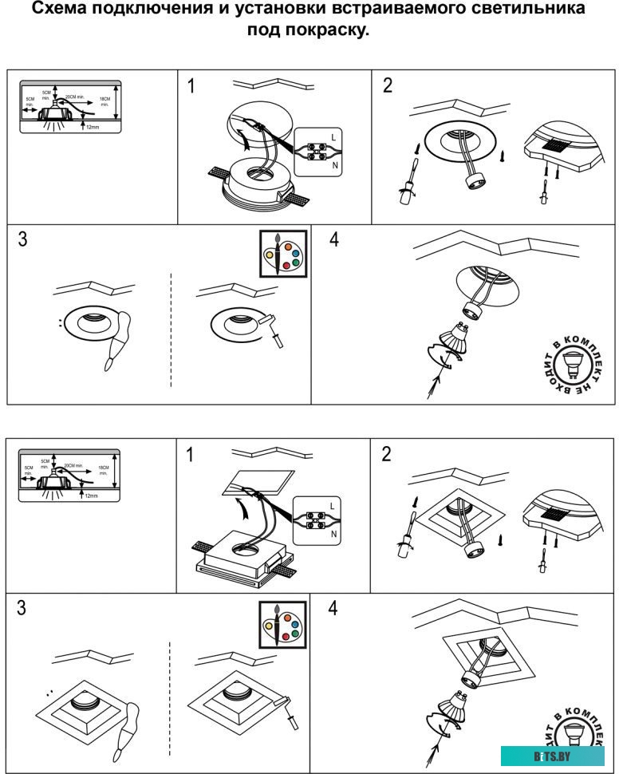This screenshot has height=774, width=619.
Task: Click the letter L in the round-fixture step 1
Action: tap(333, 137)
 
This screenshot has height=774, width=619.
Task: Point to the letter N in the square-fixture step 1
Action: tap(333, 534)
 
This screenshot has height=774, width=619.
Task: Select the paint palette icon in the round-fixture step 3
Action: tap(282, 254)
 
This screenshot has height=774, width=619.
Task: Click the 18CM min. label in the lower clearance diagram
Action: tap(104, 469)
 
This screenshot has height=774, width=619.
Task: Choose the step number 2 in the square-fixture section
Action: tap(387, 454)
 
